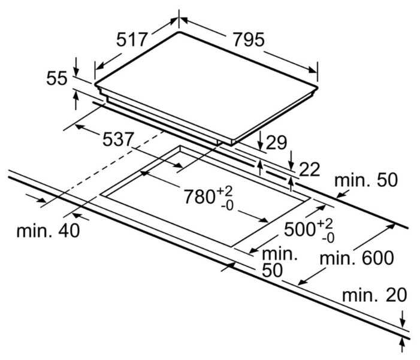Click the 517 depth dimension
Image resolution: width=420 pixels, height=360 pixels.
(x=132, y=40)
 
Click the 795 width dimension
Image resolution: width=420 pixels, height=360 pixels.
(x=248, y=40)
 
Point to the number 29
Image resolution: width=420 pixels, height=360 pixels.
(x=276, y=142)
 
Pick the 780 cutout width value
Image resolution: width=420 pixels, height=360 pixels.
(x=200, y=196)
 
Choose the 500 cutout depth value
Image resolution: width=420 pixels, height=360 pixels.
(x=300, y=228)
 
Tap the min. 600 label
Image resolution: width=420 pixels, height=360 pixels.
(x=356, y=258)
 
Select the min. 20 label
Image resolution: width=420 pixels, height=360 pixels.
(x=374, y=295)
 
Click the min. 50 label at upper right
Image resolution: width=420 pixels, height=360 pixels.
(x=365, y=180)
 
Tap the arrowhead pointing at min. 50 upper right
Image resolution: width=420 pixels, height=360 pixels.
(x=340, y=193)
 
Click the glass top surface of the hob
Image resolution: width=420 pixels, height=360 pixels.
(x=204, y=84)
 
